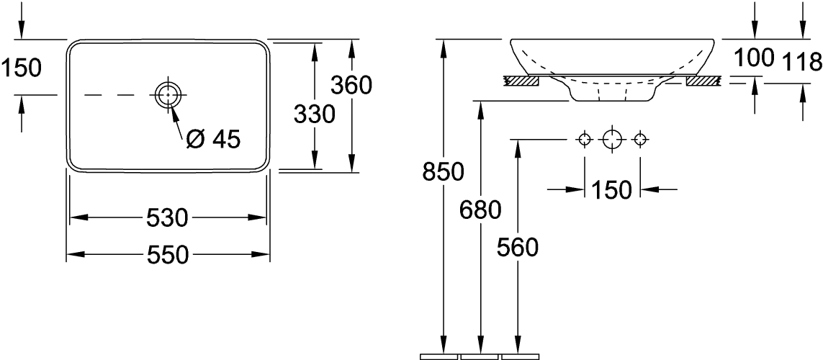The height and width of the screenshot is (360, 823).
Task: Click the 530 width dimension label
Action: coord(167,217)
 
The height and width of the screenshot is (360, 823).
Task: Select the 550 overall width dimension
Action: coord(167,255)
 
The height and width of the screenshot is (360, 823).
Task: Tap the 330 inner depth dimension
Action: coord(314,114)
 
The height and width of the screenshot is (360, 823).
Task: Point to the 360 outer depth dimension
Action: coord(351,86)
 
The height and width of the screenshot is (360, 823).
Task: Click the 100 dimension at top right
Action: coord(755,58)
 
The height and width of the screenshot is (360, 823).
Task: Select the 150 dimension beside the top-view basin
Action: coord(22,68)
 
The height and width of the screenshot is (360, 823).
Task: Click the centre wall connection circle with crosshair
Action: coord(611,138)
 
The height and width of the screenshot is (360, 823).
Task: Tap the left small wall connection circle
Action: coord(585,138)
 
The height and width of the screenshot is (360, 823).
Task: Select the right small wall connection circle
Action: coord(639,138)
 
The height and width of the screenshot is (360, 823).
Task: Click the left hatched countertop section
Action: coord(522,81)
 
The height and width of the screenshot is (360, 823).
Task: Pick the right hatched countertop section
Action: coord(702,81)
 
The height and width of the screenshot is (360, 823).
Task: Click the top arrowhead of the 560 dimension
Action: coord(517,149)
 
